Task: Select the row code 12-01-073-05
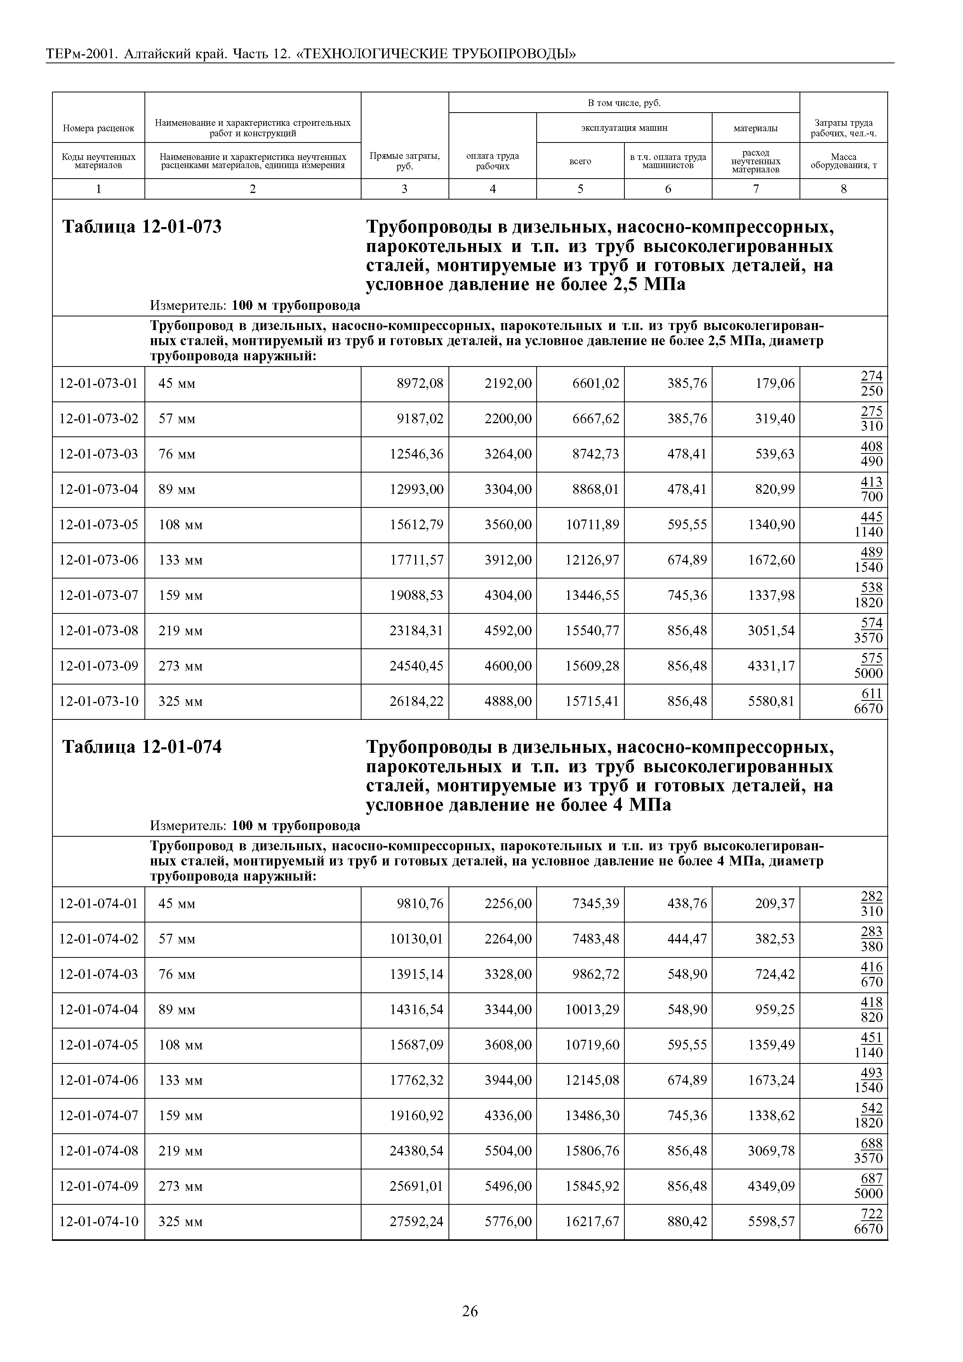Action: [99, 525]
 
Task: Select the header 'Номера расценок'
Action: [99, 128]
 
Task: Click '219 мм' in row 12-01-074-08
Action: [181, 1151]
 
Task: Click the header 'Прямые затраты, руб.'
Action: [405, 160]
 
